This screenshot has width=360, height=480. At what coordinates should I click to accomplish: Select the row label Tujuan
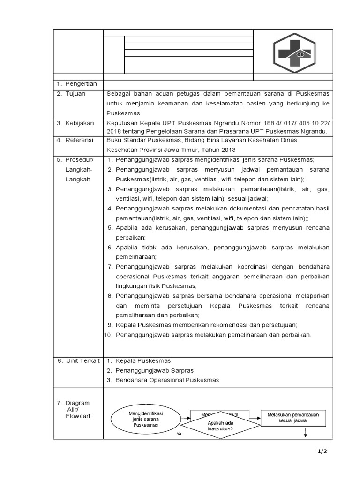coord(75,94)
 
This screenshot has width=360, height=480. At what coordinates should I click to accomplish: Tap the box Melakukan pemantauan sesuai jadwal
coord(293,418)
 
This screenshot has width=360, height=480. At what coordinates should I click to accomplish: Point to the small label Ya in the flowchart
coord(179,434)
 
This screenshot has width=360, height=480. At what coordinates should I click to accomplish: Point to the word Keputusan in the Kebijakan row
coord(123,123)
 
